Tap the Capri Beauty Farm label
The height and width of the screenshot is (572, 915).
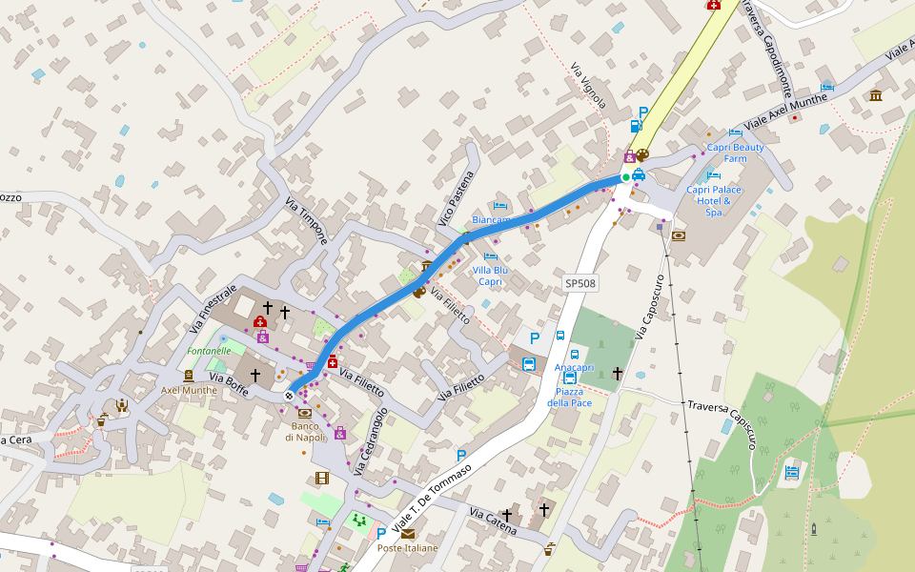point(735,153)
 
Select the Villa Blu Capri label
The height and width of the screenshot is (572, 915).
point(490,276)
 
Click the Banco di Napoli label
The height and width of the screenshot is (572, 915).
point(305,431)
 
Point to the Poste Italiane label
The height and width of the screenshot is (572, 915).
point(407,548)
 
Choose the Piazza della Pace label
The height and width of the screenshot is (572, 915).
point(569,397)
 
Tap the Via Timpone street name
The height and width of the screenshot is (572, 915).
point(307,221)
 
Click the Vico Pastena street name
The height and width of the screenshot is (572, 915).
point(456,196)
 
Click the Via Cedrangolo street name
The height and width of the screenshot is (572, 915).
point(372,441)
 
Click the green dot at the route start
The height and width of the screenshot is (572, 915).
point(625,177)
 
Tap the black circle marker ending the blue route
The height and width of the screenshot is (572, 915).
point(289,395)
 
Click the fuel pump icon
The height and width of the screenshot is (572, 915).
point(636,126)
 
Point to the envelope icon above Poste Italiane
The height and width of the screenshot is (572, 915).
point(408,534)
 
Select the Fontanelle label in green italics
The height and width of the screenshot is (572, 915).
point(209,351)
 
